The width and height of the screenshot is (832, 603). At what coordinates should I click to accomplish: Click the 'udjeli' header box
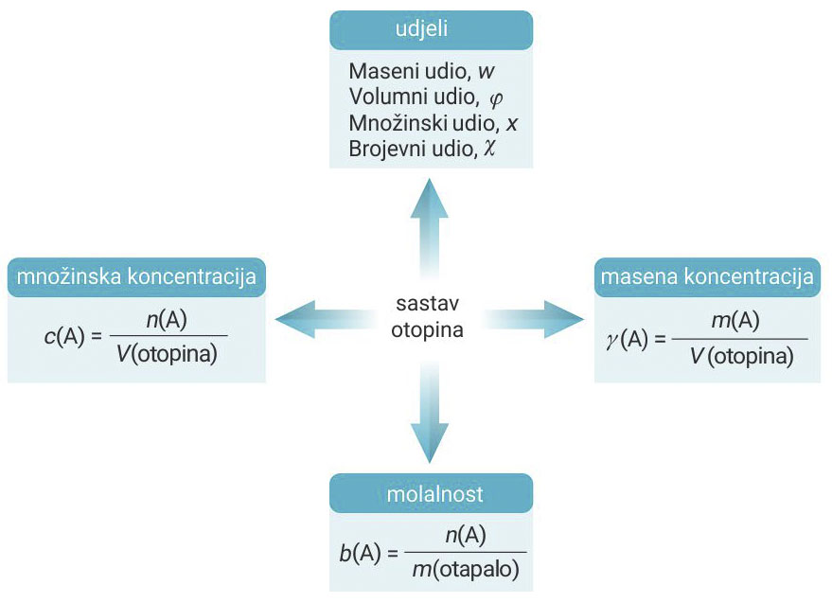click(x=431, y=30)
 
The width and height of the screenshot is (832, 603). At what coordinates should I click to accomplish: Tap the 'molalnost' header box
click(x=431, y=493)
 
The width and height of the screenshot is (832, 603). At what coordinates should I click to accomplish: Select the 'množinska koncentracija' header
click(x=136, y=277)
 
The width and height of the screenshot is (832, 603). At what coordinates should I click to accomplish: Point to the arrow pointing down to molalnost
click(x=431, y=417)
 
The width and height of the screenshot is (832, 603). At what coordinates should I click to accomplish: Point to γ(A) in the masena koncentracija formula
click(x=631, y=339)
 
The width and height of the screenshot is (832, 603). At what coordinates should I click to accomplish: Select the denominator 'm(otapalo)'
click(x=465, y=571)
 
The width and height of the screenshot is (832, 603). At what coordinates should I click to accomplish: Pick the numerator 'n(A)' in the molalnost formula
click(x=465, y=536)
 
